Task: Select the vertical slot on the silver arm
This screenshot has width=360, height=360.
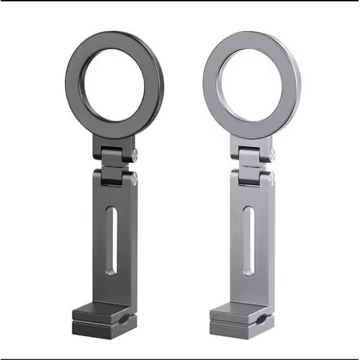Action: point(248,240)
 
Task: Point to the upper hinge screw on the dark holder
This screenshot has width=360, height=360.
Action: point(133,153)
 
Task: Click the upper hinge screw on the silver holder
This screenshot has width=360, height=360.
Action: point(271,153)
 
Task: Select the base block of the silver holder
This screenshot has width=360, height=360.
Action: point(238,321)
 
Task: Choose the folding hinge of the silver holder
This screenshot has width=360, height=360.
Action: point(252,164)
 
